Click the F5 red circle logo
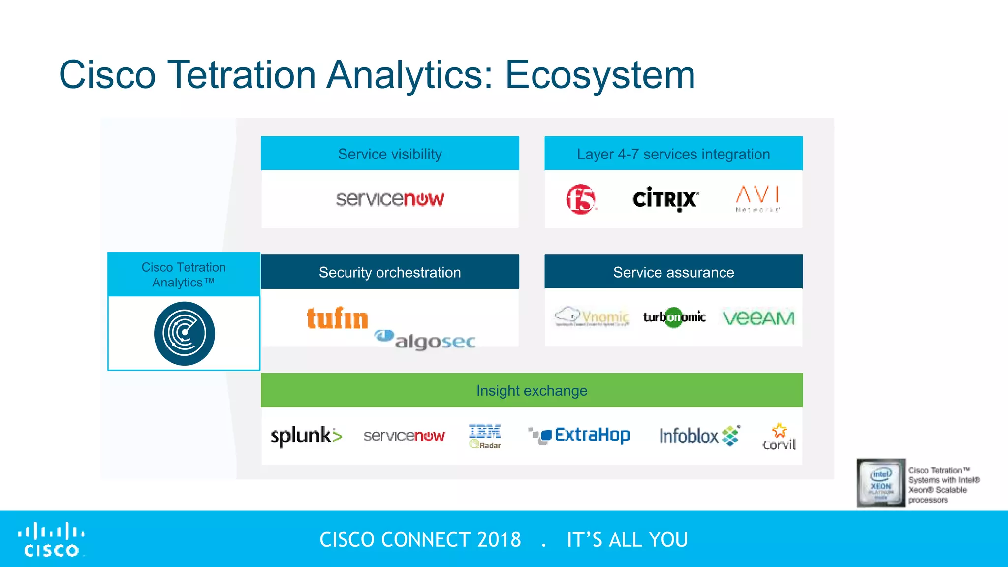581,199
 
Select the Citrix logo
665,199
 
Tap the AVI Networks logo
758,198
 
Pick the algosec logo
426,340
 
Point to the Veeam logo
758,318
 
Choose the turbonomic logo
674,317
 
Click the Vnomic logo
593,316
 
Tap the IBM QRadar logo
485,436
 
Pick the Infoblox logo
699,436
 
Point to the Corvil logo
779,437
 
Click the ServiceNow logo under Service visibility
390,199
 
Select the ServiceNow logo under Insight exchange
404,436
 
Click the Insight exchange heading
532,391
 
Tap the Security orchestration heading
390,272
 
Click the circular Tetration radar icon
184,334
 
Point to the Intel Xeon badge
881,483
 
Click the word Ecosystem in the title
600,75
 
